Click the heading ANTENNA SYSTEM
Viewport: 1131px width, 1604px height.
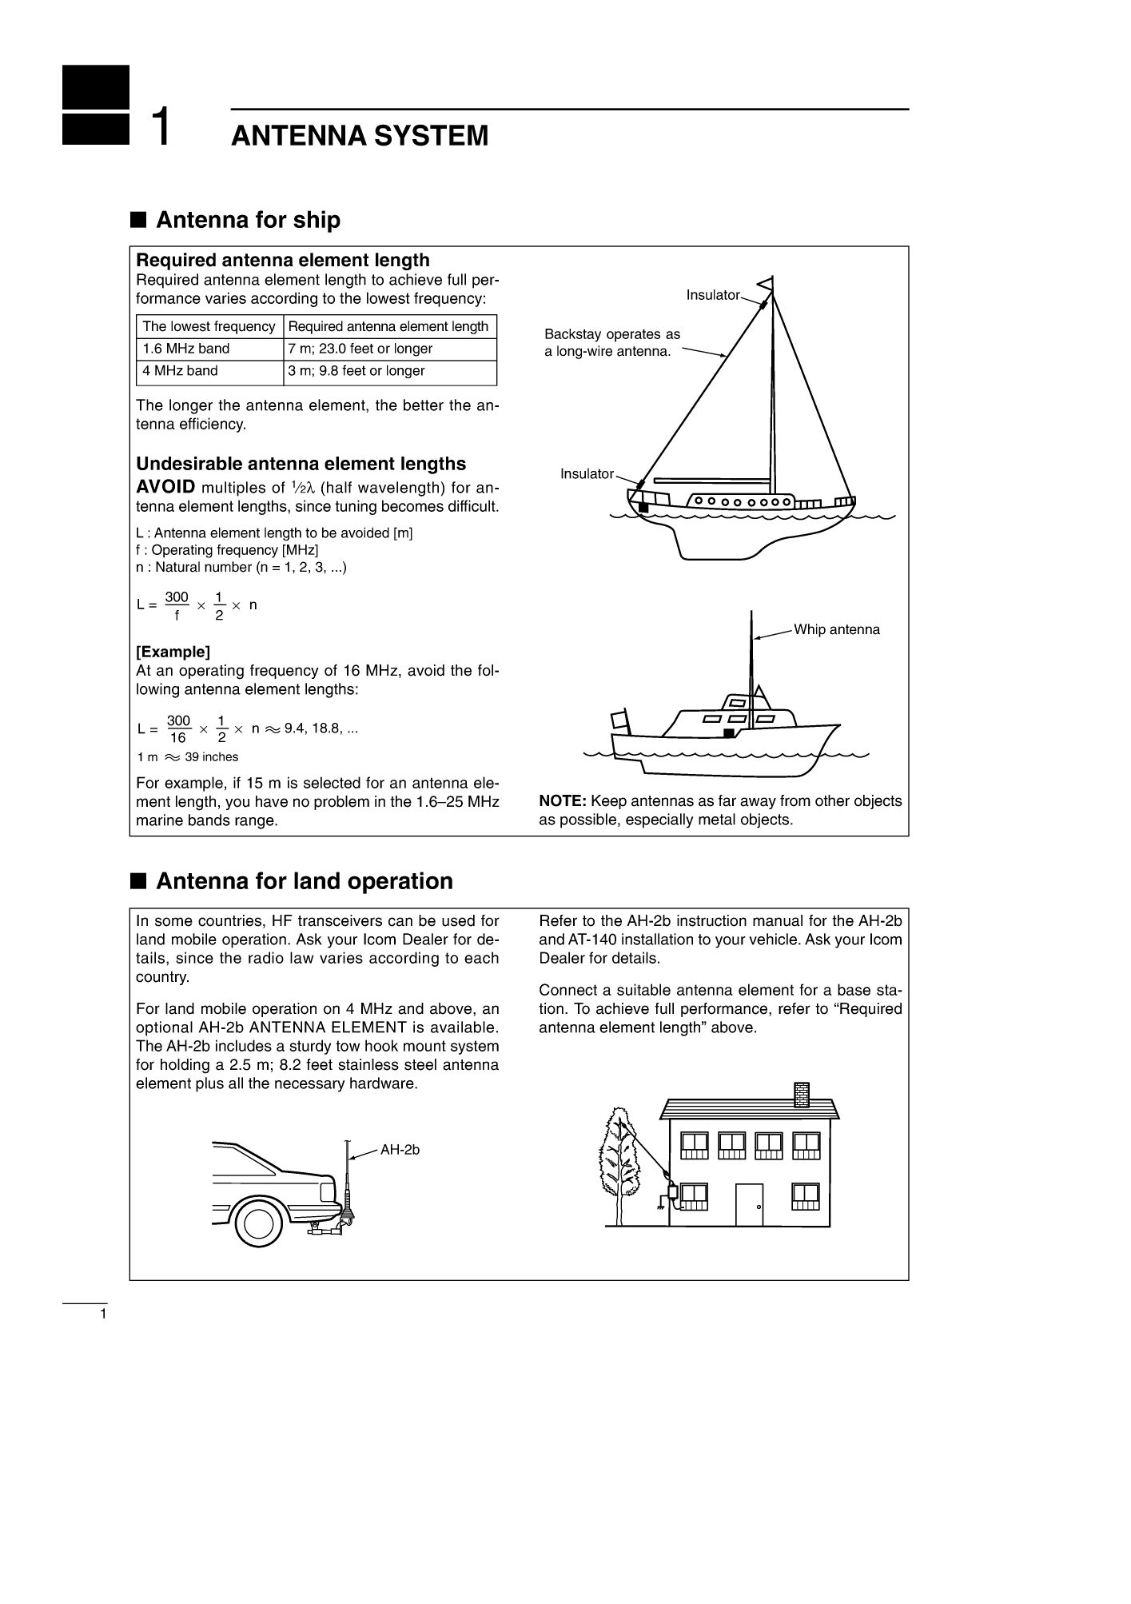click(359, 136)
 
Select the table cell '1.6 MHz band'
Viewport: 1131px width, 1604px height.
click(186, 349)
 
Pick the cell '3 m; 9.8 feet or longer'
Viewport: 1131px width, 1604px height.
click(356, 371)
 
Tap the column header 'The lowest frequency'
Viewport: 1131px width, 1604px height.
click(209, 327)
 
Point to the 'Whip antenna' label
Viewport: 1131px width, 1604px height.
click(836, 630)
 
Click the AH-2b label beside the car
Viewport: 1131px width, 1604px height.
click(400, 1150)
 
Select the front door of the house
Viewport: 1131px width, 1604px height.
click(749, 1204)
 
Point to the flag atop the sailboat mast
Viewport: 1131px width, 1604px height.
click(766, 283)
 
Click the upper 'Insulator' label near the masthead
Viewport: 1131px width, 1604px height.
click(712, 296)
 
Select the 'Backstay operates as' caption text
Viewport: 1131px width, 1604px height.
click(611, 334)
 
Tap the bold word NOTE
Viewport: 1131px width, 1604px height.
click(563, 801)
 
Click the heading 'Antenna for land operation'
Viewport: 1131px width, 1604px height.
click(304, 881)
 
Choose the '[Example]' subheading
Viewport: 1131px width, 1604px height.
click(173, 652)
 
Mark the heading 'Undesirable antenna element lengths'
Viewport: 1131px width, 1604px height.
click(301, 464)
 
